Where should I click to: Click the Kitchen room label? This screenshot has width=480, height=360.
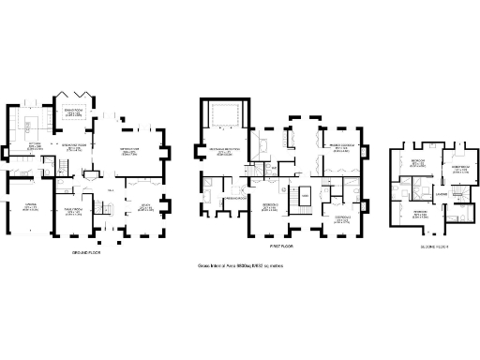35,145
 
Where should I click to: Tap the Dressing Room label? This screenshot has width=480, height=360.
234,199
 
